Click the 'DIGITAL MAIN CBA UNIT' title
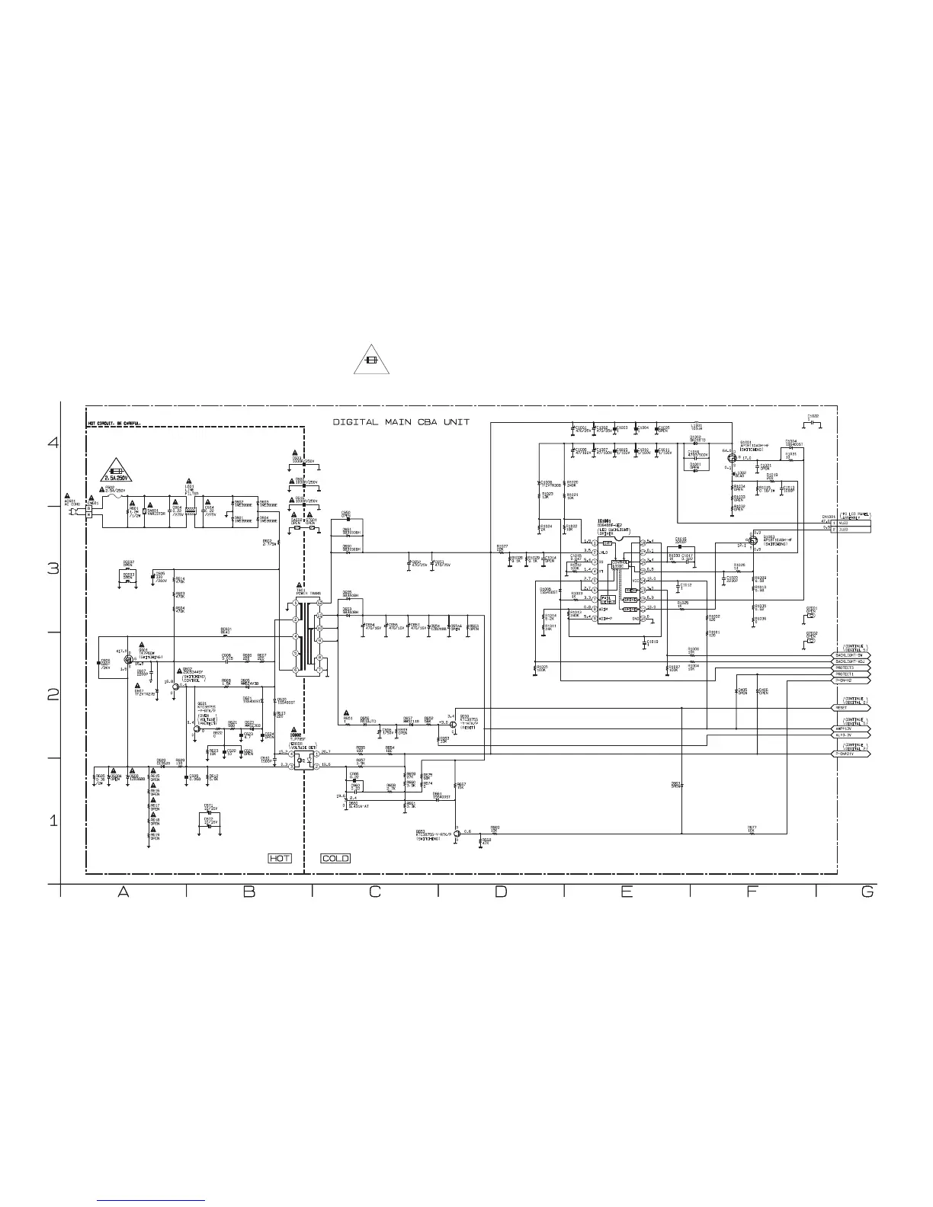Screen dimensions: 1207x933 401,422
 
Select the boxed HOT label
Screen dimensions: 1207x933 280,858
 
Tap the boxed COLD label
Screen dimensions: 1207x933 335,858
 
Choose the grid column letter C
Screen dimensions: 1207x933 374,892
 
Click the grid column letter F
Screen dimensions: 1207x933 752,892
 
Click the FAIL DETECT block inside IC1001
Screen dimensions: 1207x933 608,599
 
